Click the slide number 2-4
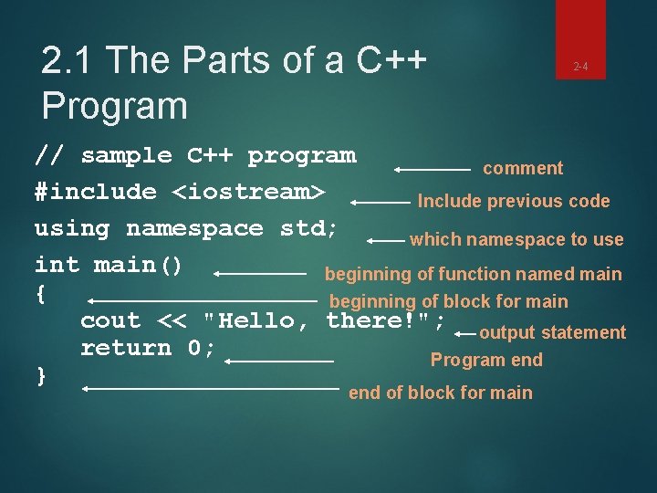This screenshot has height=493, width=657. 580,67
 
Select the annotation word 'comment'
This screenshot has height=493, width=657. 523,168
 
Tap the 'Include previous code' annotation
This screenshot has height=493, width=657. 513,202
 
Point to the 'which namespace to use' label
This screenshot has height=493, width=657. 516,240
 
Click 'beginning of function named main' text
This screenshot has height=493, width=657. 473,274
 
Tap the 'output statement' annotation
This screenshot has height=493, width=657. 552,332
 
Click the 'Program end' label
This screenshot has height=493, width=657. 486,360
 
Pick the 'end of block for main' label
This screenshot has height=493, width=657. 440,393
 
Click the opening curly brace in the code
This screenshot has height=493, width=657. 40,294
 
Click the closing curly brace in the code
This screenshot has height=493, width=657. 40,375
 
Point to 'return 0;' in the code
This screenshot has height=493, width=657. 148,348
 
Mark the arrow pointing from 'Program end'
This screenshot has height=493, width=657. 279,362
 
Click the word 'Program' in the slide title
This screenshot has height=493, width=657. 114,106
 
